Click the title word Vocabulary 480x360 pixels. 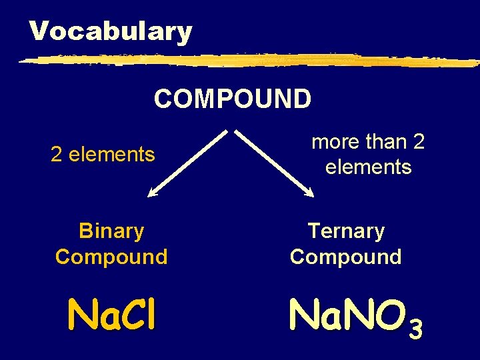(111, 31)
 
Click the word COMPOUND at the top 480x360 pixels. (232, 99)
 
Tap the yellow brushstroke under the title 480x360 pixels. (247, 60)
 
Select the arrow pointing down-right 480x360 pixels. (275, 163)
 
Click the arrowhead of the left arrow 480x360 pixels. (153, 193)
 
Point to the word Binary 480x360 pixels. (111, 231)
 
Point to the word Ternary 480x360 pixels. (346, 231)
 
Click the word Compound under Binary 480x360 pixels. (111, 257)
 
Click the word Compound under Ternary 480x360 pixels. (346, 257)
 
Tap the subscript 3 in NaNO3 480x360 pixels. (415, 329)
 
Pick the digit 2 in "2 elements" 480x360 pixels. (57, 155)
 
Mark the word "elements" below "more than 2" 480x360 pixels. (369, 167)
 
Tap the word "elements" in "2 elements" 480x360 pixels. (112, 155)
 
